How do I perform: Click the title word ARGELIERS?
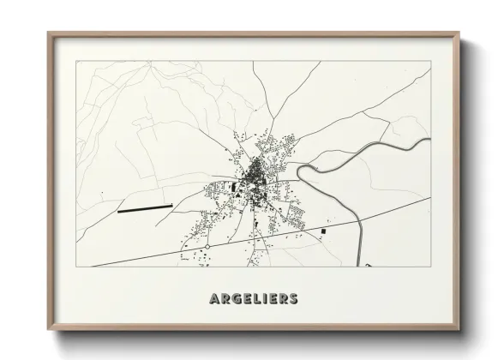tap(253, 298)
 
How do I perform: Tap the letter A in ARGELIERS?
tap(213, 298)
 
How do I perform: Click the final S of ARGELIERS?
tap(293, 298)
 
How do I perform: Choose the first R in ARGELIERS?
tap(224, 298)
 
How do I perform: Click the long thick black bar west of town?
tap(145, 207)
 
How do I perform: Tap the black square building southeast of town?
tap(324, 231)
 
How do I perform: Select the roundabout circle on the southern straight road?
tap(207, 247)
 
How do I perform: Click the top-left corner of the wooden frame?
tap(48, 33)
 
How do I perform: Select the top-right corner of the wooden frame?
tap(459, 33)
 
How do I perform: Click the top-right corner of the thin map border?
tap(430, 61)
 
